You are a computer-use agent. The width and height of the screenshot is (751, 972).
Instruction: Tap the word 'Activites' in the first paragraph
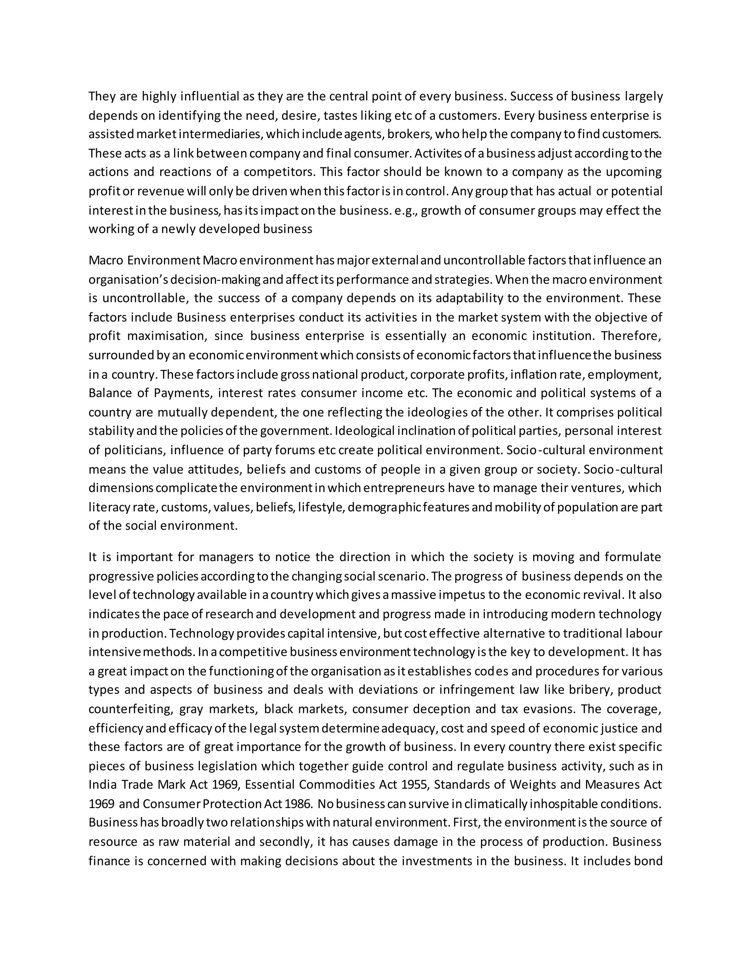click(436, 154)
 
